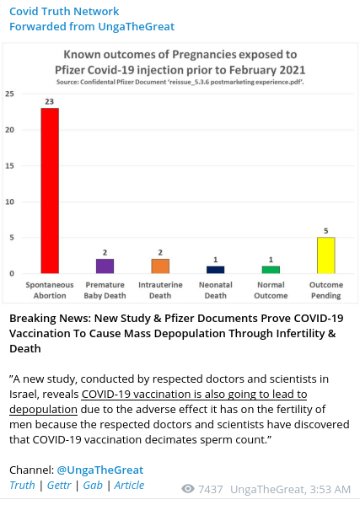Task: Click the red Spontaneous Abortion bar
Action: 50,191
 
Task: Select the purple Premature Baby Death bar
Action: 105,266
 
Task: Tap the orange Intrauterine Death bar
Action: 160,266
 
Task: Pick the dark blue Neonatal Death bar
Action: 216,270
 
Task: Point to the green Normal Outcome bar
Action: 271,270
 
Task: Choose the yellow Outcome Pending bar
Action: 326,255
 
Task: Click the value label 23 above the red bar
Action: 49,102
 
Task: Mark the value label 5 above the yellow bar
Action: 326,231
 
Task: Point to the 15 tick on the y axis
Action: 9,166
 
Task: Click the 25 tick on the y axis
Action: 9,94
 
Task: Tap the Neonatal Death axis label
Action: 216,290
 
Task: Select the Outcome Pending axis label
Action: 326,290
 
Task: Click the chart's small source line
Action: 180,82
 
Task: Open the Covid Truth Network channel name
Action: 64,11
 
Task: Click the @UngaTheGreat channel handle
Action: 99,470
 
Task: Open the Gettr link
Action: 59,485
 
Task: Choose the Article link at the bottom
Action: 129,485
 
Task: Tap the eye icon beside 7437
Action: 188,489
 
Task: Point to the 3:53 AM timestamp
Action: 330,489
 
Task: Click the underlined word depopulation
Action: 43,410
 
